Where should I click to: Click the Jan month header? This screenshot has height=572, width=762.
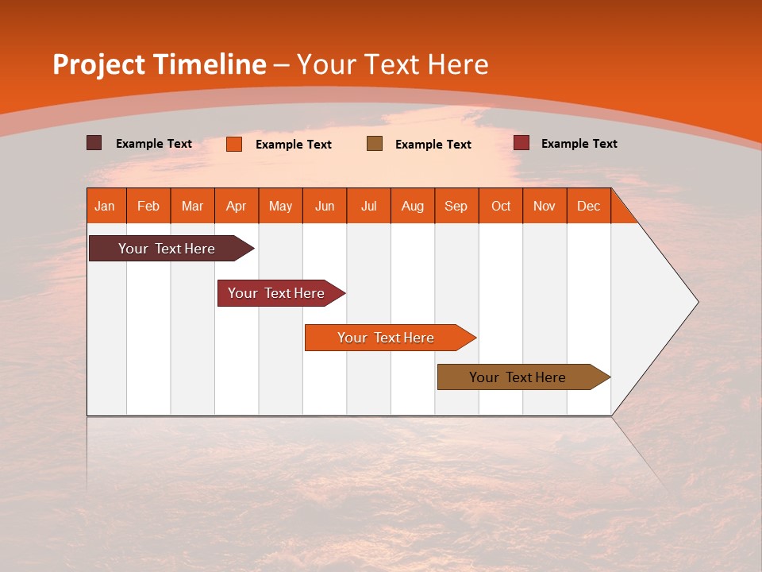point(105,206)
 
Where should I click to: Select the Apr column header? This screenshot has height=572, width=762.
point(236,206)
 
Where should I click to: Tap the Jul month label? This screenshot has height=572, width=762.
point(368,206)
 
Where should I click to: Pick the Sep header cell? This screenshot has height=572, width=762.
point(456,206)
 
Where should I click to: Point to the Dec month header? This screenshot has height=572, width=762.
point(588,206)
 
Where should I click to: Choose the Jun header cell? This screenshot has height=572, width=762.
point(325,206)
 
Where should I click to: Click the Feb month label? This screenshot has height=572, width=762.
point(148,206)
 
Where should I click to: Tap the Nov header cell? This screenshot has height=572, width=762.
point(544,206)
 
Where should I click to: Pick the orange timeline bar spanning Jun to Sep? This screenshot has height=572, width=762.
point(387,338)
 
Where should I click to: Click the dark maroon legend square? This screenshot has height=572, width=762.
point(94,143)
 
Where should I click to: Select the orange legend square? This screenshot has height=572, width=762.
point(234,144)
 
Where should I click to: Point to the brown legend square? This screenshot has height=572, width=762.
point(375,143)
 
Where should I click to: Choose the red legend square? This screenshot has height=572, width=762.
point(521,143)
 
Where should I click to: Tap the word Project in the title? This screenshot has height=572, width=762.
point(99,64)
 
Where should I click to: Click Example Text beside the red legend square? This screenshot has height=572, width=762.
point(579,144)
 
